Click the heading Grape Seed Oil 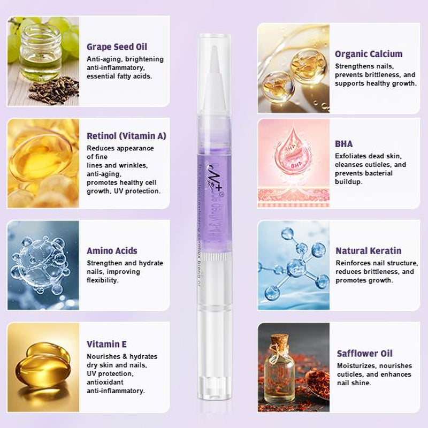point(117,47)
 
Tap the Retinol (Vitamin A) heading point(126,136)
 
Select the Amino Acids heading point(112,250)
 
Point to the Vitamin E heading point(106,344)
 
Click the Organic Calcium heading point(369,53)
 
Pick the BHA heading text point(343,143)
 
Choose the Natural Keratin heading point(368,250)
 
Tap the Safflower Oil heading point(364,353)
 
